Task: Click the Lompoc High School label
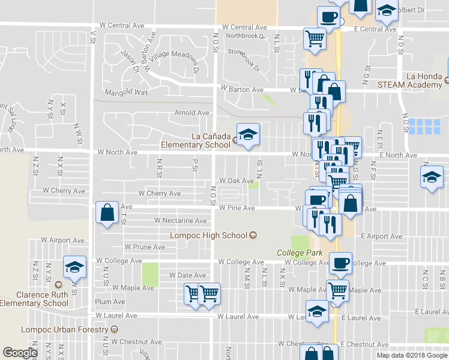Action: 209,235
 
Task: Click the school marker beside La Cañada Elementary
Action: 247,134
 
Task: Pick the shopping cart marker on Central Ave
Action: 315,38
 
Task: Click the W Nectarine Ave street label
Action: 180,221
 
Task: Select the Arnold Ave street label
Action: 191,113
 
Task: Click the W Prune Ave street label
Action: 145,247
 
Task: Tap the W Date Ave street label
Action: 187,275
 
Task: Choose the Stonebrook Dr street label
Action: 244,57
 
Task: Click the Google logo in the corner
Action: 20,353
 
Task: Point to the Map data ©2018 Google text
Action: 411,355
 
